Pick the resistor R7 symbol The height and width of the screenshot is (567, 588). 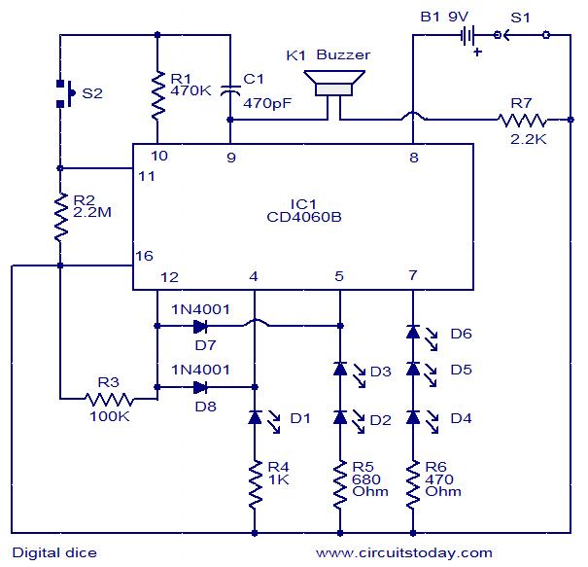521,121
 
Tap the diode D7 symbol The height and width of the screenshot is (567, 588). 200,325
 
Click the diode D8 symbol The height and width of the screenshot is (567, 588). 200,386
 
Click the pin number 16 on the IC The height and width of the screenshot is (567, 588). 144,256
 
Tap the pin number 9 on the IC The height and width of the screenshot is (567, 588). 230,156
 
